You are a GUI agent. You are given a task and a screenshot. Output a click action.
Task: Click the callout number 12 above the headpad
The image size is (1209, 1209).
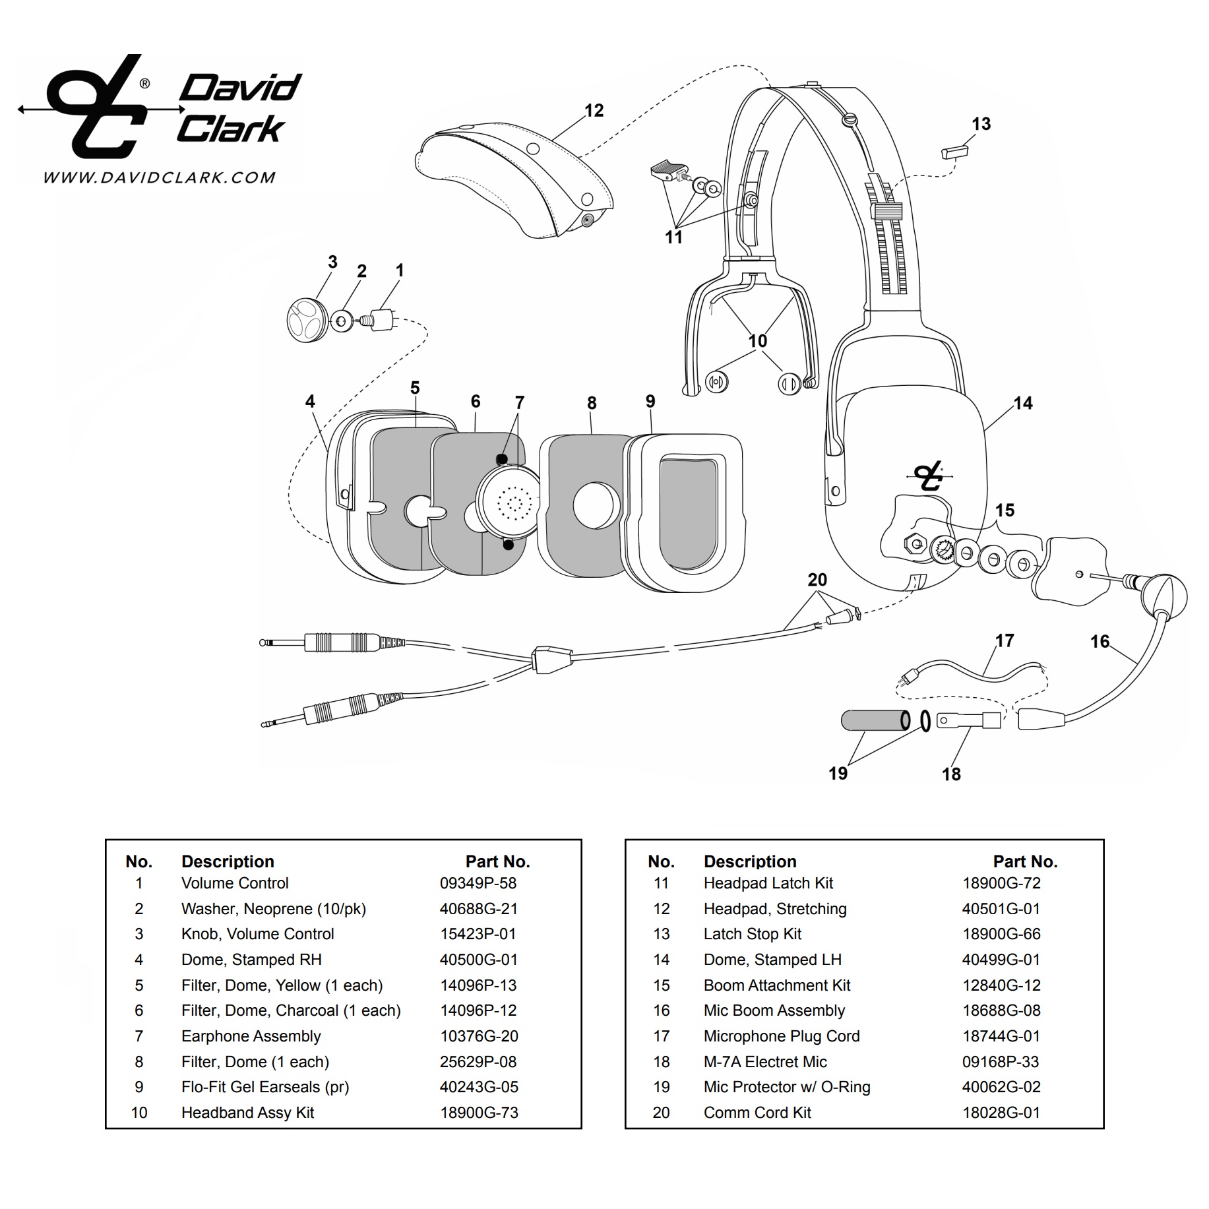click(x=594, y=111)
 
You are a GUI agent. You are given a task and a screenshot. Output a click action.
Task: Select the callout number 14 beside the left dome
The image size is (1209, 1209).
click(x=1022, y=403)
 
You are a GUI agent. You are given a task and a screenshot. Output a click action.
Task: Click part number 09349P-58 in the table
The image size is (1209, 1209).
click(x=478, y=883)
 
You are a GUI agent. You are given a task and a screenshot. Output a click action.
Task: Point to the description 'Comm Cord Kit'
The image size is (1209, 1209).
click(x=757, y=1113)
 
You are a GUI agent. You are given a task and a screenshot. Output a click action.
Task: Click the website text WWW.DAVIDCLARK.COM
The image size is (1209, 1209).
click(x=159, y=177)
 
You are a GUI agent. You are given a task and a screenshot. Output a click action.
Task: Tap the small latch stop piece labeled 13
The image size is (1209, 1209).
click(x=954, y=152)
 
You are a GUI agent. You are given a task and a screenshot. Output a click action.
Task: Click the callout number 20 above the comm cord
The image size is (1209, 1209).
click(x=817, y=580)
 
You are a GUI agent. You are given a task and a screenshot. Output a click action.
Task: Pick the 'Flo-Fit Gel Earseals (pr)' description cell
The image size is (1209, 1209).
click(x=264, y=1087)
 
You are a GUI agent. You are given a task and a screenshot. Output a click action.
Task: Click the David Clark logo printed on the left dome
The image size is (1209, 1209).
click(x=929, y=476)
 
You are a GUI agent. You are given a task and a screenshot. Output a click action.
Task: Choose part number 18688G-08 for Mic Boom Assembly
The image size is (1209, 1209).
click(x=1001, y=1010)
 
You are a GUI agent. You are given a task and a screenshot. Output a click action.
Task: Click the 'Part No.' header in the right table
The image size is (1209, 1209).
click(x=1025, y=861)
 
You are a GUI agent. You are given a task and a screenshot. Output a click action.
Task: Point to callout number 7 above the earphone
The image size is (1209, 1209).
click(x=519, y=402)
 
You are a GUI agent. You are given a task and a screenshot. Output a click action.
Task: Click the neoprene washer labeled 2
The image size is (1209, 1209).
click(x=341, y=322)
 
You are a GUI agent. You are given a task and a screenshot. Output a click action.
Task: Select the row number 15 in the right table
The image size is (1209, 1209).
click(x=661, y=985)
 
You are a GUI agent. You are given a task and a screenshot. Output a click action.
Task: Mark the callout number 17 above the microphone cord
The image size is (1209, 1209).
click(x=1004, y=640)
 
